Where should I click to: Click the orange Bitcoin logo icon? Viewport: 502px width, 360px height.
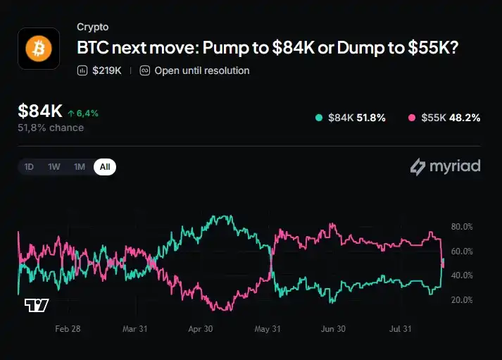pyautogui.click(x=39, y=49)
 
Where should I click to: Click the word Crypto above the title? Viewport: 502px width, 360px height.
pyautogui.click(x=92, y=27)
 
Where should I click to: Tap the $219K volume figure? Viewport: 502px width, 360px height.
pyautogui.click(x=107, y=70)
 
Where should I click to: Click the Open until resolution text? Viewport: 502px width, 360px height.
pyautogui.click(x=202, y=70)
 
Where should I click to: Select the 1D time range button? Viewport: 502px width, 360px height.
pyautogui.click(x=29, y=167)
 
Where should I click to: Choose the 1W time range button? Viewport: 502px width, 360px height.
pyautogui.click(x=54, y=167)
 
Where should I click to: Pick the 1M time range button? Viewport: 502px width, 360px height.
pyautogui.click(x=80, y=167)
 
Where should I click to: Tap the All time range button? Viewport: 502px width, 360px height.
pyautogui.click(x=105, y=167)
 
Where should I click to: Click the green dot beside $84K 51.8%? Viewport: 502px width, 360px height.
pyautogui.click(x=319, y=118)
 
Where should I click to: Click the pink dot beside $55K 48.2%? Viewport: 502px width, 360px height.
pyautogui.click(x=412, y=118)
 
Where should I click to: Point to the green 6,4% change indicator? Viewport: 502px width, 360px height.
pyautogui.click(x=83, y=113)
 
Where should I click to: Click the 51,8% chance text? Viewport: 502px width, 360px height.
pyautogui.click(x=51, y=128)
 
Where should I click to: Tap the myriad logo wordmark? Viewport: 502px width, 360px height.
pyautogui.click(x=446, y=166)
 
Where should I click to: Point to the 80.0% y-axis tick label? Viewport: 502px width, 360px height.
pyautogui.click(x=462, y=227)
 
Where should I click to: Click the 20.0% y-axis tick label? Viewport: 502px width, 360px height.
pyautogui.click(x=462, y=300)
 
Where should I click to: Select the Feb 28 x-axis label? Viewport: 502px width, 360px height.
pyautogui.click(x=68, y=329)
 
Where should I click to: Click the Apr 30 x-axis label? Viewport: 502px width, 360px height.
pyautogui.click(x=201, y=329)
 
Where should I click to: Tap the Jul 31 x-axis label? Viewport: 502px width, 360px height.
pyautogui.click(x=400, y=329)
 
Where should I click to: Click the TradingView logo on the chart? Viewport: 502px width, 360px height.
pyautogui.click(x=37, y=305)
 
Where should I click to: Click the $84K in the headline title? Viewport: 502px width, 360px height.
pyautogui.click(x=294, y=47)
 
